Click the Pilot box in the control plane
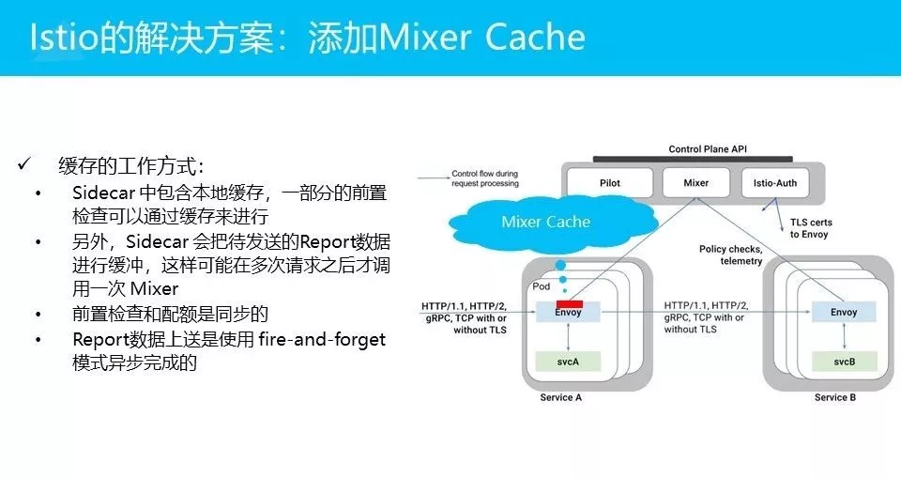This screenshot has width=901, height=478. (609, 183)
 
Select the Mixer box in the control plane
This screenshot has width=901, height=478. (695, 183)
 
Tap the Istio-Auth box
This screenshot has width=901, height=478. (774, 183)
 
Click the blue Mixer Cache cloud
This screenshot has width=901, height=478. (545, 222)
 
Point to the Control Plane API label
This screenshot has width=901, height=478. (708, 149)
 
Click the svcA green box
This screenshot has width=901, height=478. (568, 361)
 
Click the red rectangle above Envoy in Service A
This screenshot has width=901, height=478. (570, 304)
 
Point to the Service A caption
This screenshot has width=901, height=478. (561, 397)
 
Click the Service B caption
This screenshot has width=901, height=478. (834, 397)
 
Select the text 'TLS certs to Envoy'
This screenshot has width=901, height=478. (808, 228)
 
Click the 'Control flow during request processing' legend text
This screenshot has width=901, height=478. (484, 178)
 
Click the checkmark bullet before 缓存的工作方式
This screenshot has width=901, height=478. (25, 166)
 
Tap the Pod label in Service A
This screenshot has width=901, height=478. (542, 286)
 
